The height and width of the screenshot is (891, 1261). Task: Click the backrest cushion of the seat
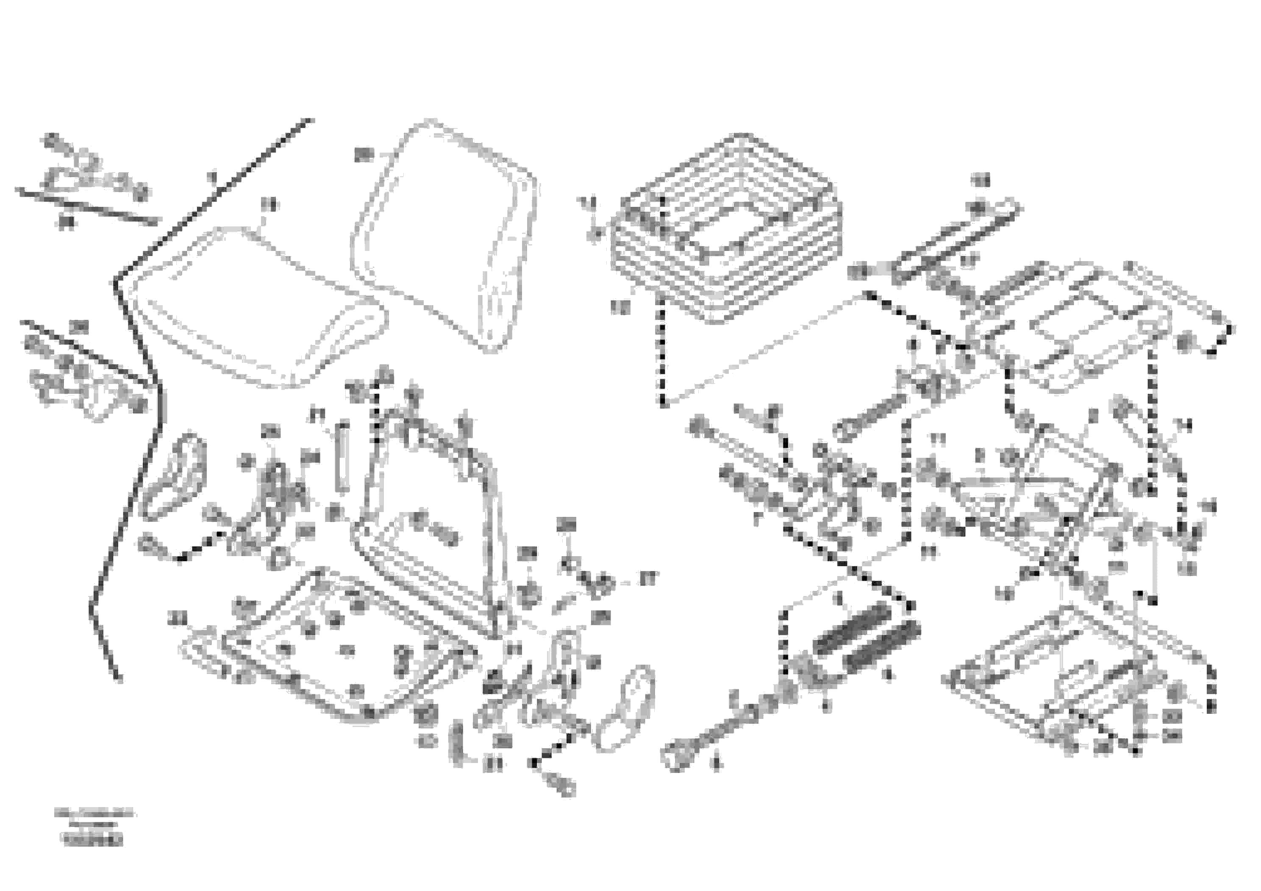pyautogui.click(x=445, y=231)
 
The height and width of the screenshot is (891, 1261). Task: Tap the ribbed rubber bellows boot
pyautogui.click(x=725, y=231)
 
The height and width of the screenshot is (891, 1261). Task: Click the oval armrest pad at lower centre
pyautogui.click(x=626, y=709)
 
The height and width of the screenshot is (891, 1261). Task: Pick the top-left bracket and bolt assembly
pyautogui.click(x=93, y=170)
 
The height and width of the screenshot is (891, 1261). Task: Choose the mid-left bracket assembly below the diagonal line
pyautogui.click(x=82, y=384)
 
